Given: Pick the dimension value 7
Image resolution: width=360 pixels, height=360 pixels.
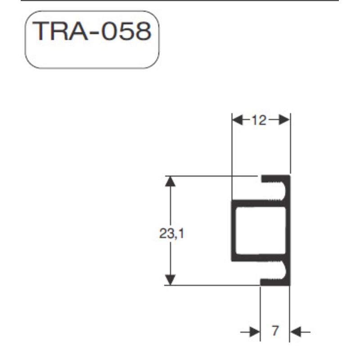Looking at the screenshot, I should point(275,332).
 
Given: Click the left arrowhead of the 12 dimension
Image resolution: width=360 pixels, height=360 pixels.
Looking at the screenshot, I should point(237,120).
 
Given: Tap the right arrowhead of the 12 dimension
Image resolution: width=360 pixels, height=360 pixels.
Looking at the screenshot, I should point(284,120).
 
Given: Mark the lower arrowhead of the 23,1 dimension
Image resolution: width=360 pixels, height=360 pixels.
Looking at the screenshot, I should point(170,279).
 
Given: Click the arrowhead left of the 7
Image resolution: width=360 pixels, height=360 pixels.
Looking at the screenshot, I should point(255,332).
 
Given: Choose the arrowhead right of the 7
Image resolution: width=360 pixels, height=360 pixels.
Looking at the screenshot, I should point(295,332).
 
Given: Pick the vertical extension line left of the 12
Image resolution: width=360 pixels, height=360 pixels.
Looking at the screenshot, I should point(232,157).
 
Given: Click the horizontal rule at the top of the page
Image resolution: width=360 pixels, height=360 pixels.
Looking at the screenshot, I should point(180,1).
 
